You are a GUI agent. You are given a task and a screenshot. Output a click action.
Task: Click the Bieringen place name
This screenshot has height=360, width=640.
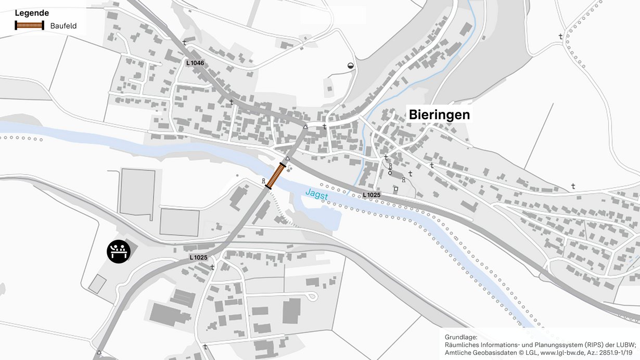click(439, 114)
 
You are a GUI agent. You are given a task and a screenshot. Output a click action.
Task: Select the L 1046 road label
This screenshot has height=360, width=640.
click(195, 63)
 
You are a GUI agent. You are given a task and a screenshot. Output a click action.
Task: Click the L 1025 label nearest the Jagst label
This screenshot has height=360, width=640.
click(372, 195)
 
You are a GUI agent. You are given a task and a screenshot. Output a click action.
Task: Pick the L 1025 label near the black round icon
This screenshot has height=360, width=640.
click(198, 258)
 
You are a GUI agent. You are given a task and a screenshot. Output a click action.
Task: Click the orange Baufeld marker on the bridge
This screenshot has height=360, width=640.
click(275, 175)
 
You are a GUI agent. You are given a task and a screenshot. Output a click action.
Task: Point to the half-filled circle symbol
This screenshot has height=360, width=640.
click(351, 66)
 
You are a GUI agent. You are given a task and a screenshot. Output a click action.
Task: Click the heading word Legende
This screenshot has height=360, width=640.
click(32, 13)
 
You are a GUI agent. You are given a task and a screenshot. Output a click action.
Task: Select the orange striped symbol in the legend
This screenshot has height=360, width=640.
click(29, 25)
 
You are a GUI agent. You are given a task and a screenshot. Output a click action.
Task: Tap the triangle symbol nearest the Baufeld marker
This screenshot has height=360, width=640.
click(287, 158)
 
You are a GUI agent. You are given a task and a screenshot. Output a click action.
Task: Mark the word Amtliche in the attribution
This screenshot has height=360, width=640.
click(458, 352)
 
